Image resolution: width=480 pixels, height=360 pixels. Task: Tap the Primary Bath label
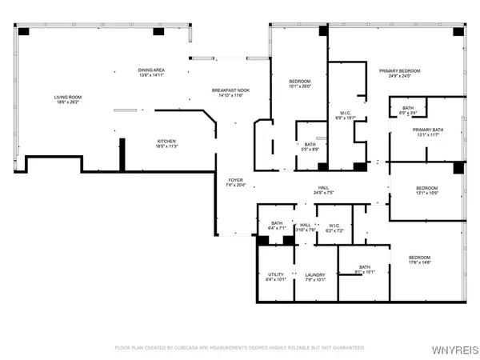pyautogui.click(x=428, y=132)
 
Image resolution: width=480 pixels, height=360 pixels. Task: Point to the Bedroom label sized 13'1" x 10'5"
pyautogui.click(x=426, y=190)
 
